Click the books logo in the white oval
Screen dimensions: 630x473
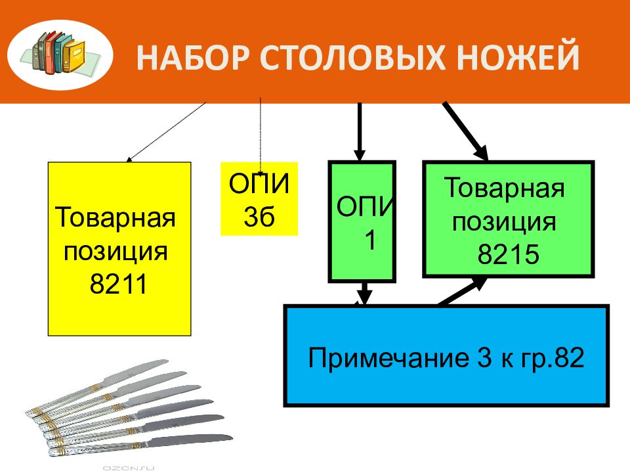60,54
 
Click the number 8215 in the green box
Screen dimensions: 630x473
508,254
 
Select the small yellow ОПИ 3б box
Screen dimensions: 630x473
259,198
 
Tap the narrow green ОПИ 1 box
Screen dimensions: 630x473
362,221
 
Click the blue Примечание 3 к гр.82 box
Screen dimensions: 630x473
446,355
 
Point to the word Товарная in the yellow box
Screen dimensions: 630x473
115,217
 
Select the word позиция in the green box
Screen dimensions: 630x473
504,223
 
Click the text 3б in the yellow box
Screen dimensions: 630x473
259,217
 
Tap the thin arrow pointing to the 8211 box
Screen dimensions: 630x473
166,132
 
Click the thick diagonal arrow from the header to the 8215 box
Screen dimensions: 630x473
465,131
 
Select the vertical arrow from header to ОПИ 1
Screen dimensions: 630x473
360,131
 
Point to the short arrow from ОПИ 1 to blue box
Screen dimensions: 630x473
364,294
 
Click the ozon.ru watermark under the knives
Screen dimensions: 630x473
129,468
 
